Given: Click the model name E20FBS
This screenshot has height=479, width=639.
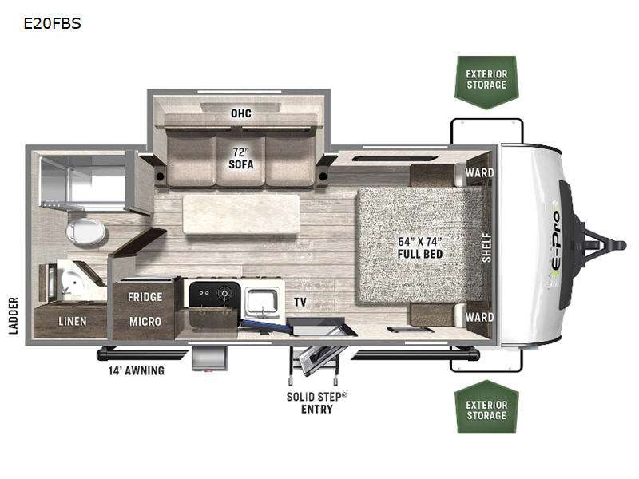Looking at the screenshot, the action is coord(52,23).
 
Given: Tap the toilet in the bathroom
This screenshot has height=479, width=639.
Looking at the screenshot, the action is coord(85,232).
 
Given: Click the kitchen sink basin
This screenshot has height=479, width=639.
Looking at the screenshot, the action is coord(263,303).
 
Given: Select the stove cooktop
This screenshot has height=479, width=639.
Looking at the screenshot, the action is coord(215,294).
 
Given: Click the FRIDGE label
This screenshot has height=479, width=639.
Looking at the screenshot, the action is coord(145,297).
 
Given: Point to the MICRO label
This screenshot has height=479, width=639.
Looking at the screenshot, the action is coord(145,322).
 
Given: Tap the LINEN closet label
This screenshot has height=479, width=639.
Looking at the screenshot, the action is coord(73,322).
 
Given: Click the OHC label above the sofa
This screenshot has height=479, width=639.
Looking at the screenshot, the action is coord(241,113).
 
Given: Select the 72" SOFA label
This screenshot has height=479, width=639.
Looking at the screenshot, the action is coord(241,158).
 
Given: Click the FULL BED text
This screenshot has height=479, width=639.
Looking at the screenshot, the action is coord(420,254).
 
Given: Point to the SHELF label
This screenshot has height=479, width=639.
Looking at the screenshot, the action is coord(486,247).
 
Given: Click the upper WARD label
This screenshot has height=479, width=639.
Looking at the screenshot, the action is coord(480,172).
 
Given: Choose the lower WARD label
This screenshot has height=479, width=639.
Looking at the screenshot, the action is coord(480,317).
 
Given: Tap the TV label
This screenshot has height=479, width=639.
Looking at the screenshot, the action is coord(300,303).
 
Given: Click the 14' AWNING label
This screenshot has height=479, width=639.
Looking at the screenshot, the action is coord(137,370).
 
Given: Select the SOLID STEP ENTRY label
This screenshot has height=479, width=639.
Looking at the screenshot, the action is coord(316,403).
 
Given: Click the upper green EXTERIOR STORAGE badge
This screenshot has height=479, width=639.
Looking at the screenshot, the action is coord(486,82).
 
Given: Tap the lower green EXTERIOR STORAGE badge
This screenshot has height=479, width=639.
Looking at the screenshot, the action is coord(486,407).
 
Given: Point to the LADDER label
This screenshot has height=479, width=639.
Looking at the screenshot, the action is coord(14,315).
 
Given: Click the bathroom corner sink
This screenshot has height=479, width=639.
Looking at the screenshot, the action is coord(73,281).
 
